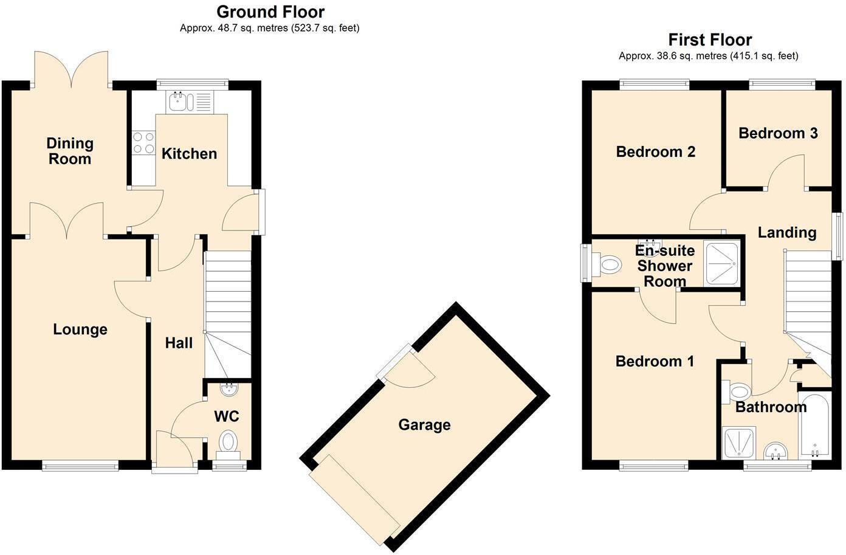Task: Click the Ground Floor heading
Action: point(270,12)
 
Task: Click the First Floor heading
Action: point(710,40)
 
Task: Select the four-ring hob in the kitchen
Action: point(144,143)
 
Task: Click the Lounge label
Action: point(80,329)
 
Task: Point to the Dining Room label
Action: point(70,151)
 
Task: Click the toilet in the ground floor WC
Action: point(229,441)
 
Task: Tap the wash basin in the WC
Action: point(230,387)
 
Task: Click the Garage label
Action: point(424,424)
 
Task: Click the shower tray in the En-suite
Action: point(722,264)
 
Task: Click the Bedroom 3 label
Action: point(778,133)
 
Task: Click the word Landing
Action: point(786,232)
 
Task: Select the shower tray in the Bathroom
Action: point(740,442)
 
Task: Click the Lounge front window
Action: point(80,466)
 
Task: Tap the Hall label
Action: point(179,343)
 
